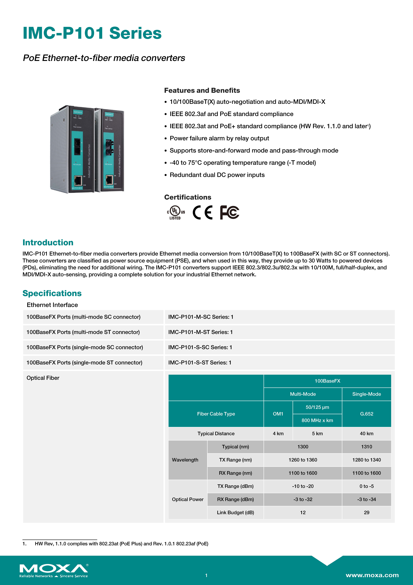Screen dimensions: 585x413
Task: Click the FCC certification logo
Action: (x=230, y=212)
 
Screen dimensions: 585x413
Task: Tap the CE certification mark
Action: (x=203, y=212)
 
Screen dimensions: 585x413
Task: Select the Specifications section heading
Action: (x=52, y=293)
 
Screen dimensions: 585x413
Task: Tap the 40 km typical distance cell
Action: (x=366, y=433)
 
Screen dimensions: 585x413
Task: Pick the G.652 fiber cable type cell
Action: (x=366, y=414)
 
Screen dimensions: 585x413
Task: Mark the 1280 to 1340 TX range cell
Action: (x=366, y=460)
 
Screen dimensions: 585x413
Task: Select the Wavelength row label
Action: (x=185, y=460)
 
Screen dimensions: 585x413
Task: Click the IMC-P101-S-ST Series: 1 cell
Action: (x=200, y=363)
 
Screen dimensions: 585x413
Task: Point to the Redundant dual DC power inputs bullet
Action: (x=217, y=175)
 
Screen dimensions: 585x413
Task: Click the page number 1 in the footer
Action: (x=206, y=575)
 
